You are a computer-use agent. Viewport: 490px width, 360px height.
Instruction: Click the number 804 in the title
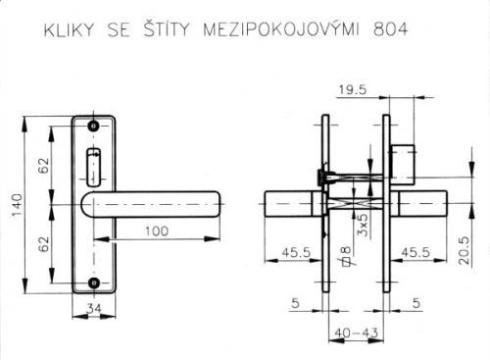pos(390,29)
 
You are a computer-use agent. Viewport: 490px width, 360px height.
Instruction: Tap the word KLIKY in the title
pos(69,29)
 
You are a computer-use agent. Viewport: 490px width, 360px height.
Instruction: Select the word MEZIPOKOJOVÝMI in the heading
pos(281,28)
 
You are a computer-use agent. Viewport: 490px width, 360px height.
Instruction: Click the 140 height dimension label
pos(17,205)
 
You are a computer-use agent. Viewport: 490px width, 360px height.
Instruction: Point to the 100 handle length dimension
pos(157,231)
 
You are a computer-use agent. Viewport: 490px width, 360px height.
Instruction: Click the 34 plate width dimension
pos(94,308)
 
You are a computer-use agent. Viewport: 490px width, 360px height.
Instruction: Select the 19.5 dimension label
pos(353,89)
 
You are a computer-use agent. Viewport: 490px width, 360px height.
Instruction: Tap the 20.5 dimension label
pos(464,250)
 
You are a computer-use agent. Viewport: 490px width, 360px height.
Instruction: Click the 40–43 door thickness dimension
pos(356,333)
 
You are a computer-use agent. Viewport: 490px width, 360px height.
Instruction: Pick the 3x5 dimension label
pos(363,225)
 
